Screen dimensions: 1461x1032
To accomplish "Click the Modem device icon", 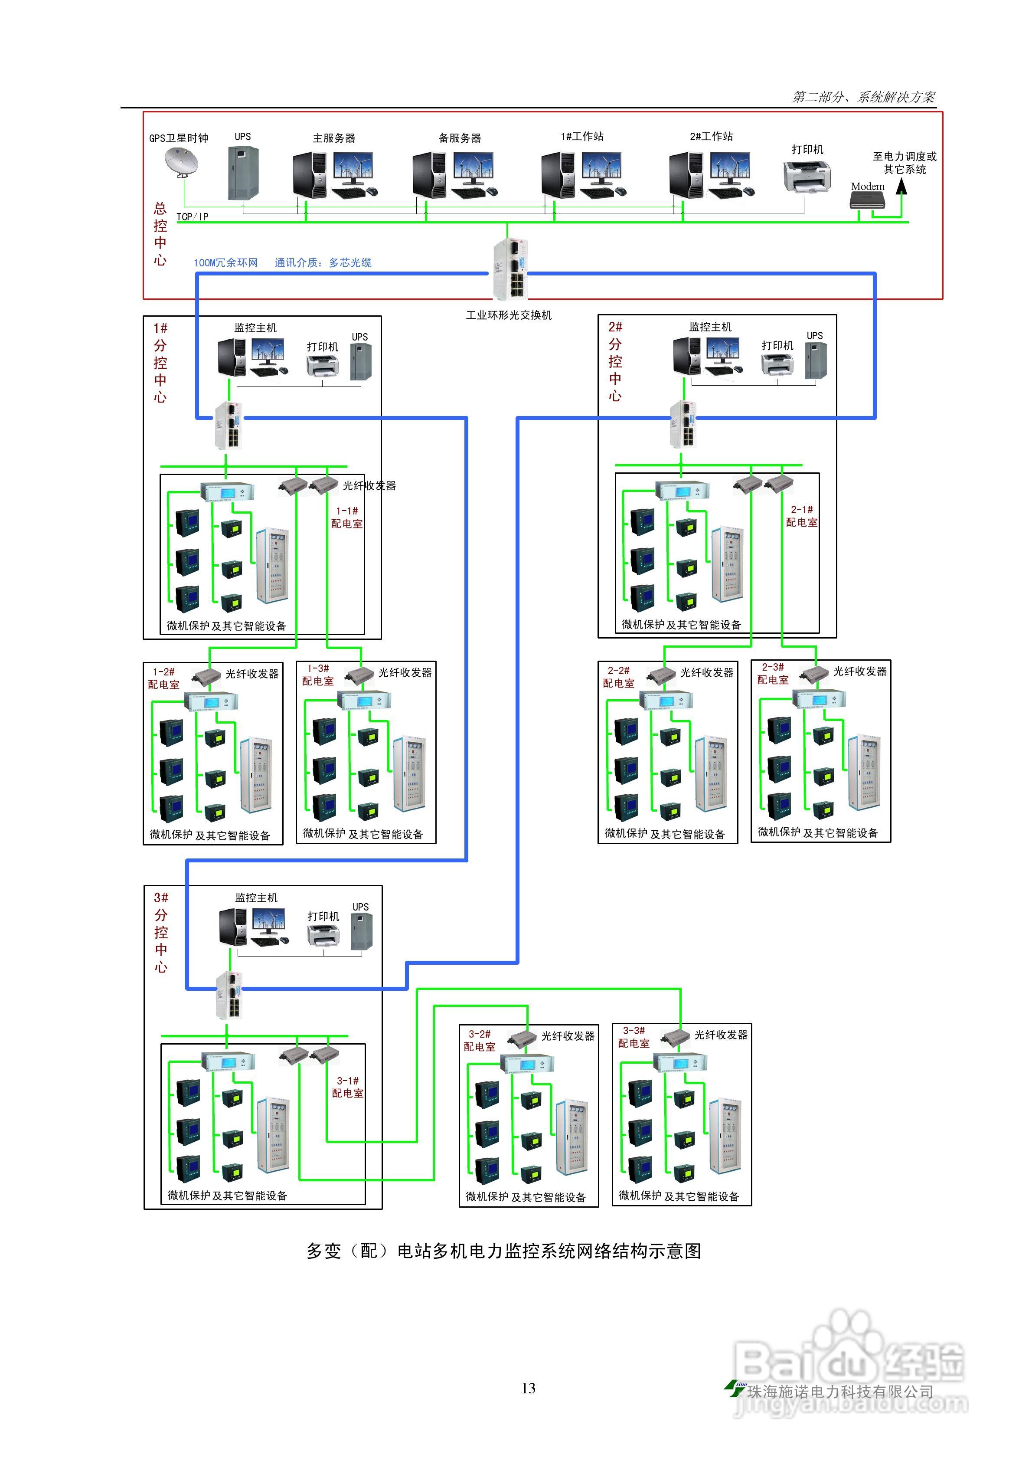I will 868,200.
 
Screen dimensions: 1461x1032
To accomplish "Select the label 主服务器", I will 334,138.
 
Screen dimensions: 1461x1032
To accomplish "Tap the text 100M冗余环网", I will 226,263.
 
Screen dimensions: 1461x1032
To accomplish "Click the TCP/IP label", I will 192,217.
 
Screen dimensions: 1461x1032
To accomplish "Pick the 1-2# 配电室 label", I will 163,678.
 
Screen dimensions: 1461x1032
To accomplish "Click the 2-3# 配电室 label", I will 773,673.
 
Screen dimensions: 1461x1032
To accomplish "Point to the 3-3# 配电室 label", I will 634,1037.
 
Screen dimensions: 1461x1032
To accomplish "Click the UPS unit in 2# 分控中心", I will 816,360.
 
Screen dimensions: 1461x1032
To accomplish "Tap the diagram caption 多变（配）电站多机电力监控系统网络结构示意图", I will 504,1251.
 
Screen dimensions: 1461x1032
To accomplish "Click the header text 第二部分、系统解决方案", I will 863,97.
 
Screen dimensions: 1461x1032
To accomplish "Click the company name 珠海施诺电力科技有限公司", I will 840,1392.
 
